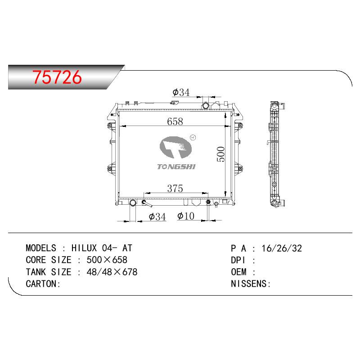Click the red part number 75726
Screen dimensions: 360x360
57,77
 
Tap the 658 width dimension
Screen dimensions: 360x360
175,121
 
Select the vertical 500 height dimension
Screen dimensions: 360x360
221,154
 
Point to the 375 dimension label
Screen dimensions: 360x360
175,189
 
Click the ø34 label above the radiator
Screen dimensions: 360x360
181,92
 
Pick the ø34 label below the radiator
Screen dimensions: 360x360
157,217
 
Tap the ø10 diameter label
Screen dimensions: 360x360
186,216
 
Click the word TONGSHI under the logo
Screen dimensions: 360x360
176,166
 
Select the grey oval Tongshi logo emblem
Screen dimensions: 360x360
175,148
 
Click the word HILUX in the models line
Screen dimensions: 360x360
84,248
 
